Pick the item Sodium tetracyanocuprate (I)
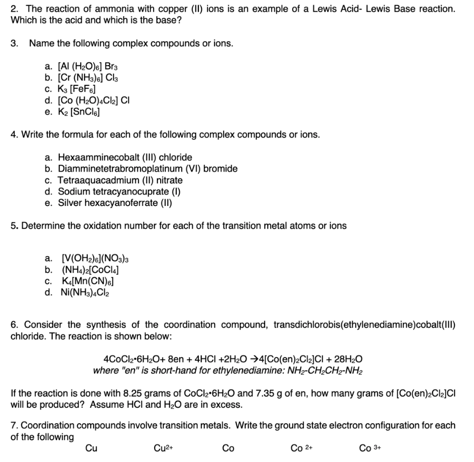[119, 192]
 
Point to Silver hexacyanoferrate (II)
[115, 203]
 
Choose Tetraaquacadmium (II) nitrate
[120, 180]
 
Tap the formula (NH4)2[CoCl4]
[87, 269]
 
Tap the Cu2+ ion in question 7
[160, 448]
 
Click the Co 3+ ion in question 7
[369, 448]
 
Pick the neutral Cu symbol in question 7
[91, 448]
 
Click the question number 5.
[14, 226]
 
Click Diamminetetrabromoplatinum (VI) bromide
[148, 169]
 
